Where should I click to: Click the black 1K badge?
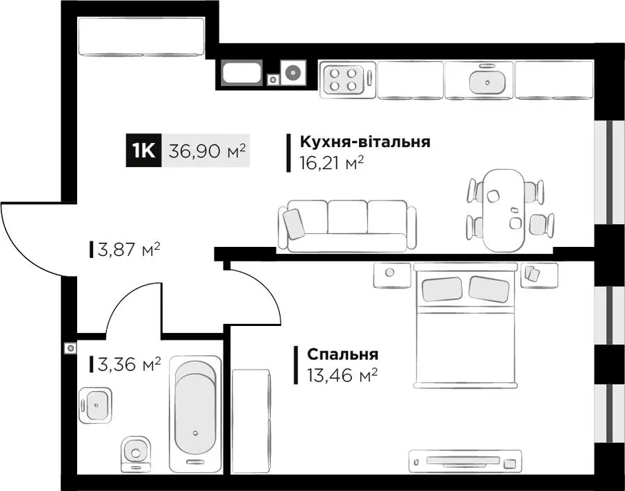(x=144, y=150)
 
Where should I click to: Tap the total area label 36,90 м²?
(x=206, y=151)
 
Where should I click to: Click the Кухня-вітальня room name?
(x=365, y=141)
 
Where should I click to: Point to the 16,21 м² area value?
(x=332, y=163)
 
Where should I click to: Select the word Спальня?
(x=342, y=354)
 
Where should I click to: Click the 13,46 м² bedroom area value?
(x=342, y=375)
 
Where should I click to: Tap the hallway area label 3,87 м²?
(x=128, y=250)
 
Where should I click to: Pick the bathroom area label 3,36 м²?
(x=128, y=364)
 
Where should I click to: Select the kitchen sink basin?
(x=487, y=82)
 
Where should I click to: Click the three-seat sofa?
(x=347, y=226)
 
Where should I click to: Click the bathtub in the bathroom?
(x=195, y=414)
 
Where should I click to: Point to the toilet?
(x=135, y=454)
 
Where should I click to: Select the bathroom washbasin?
(x=95, y=405)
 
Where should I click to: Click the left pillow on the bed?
(x=442, y=289)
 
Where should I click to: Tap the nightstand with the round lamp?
(x=392, y=275)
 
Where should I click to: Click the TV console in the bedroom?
(x=465, y=462)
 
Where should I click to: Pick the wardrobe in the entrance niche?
(x=142, y=37)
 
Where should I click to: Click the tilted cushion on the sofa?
(x=294, y=224)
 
